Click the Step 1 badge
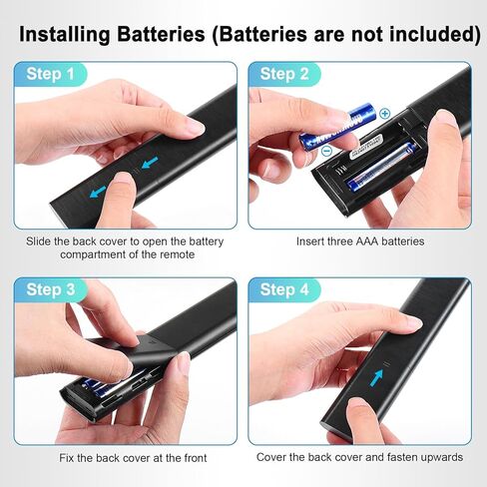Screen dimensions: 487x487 tap(50, 74)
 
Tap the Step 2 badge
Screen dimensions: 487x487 tap(284, 74)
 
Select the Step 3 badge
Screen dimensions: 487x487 tap(51, 289)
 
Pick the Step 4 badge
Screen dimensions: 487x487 tap(284, 289)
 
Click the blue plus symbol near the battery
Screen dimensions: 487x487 tap(385, 114)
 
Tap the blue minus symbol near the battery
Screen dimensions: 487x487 tap(327, 151)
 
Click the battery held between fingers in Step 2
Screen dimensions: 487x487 tap(338, 127)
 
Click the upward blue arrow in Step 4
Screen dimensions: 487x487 tap(377, 378)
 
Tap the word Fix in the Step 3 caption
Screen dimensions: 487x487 tap(67, 458)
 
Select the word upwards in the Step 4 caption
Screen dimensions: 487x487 tap(441, 457)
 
